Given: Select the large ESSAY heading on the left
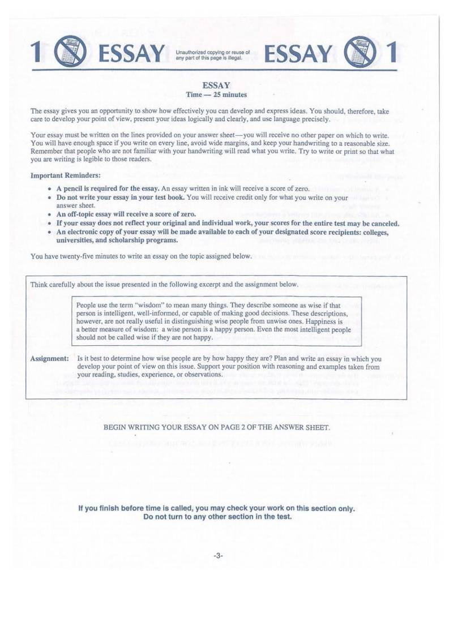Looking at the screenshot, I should [x=131, y=53].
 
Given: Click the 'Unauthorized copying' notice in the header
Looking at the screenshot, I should [x=213, y=54].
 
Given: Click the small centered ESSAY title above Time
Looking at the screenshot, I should [x=216, y=85].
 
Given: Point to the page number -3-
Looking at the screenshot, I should [x=218, y=555].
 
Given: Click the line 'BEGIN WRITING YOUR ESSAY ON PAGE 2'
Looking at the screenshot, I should [x=216, y=427].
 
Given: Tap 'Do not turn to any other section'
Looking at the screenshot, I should [x=217, y=517].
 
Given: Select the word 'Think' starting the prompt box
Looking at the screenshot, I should [x=39, y=284].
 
